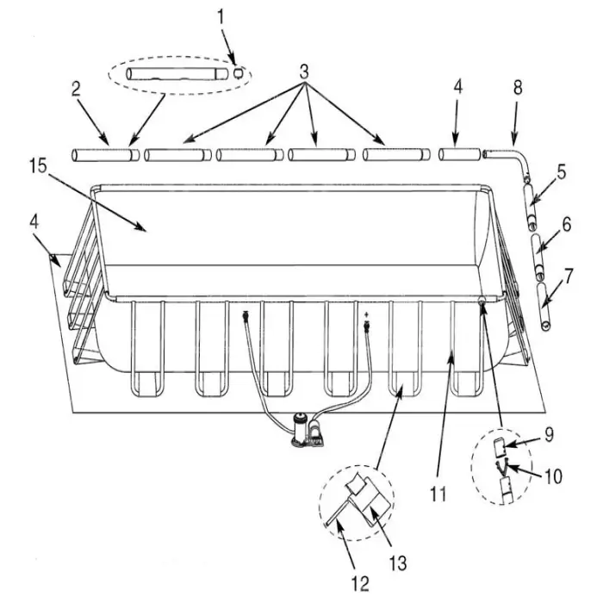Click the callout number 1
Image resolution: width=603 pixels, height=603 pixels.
point(221,18)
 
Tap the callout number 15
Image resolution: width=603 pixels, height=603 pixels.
point(39,165)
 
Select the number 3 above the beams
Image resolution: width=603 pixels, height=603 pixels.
point(304,71)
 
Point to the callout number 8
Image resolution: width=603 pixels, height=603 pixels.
point(518,88)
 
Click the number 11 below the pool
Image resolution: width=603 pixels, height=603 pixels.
point(438,494)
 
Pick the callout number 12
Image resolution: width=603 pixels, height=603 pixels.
point(360,583)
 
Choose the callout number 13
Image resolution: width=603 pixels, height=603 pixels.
point(398,563)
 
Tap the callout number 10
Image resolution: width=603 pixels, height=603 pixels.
point(553,476)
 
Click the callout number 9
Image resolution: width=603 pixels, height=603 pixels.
point(549,434)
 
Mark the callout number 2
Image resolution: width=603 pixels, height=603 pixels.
point(76,89)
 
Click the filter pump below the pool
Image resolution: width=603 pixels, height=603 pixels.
point(308,431)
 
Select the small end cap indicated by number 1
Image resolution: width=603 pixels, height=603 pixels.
point(239,72)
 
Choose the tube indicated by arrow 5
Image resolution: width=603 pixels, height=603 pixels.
point(530,207)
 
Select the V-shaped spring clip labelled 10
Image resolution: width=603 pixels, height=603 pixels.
point(501,469)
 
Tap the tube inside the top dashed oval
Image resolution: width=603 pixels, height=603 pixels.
point(177,74)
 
